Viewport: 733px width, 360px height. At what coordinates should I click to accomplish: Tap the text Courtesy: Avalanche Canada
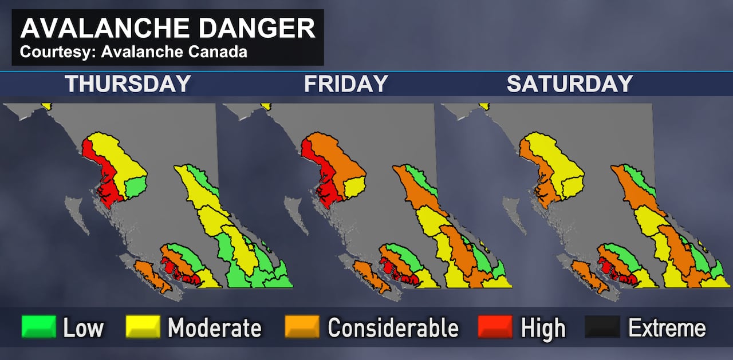click(133, 52)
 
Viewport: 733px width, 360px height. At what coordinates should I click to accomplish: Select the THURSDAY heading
click(127, 84)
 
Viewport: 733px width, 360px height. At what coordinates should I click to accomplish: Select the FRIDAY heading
click(346, 84)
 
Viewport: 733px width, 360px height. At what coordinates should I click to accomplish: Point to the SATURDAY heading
click(569, 84)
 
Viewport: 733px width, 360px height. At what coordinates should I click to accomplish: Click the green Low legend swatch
click(38, 327)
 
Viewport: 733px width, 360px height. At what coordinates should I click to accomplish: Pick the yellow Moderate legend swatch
click(143, 327)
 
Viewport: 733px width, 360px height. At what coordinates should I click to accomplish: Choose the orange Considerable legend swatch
click(302, 327)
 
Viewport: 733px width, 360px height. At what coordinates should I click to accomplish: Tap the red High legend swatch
click(495, 327)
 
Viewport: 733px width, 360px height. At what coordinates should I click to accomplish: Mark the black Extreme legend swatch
click(602, 327)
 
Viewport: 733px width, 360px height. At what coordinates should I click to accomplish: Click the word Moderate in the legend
click(214, 329)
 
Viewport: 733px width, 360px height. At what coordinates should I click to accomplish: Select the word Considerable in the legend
click(393, 329)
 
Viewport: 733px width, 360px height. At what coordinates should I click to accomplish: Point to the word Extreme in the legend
click(667, 329)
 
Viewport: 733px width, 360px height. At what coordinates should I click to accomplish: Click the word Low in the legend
click(84, 329)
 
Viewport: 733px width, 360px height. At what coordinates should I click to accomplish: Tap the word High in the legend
click(543, 329)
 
